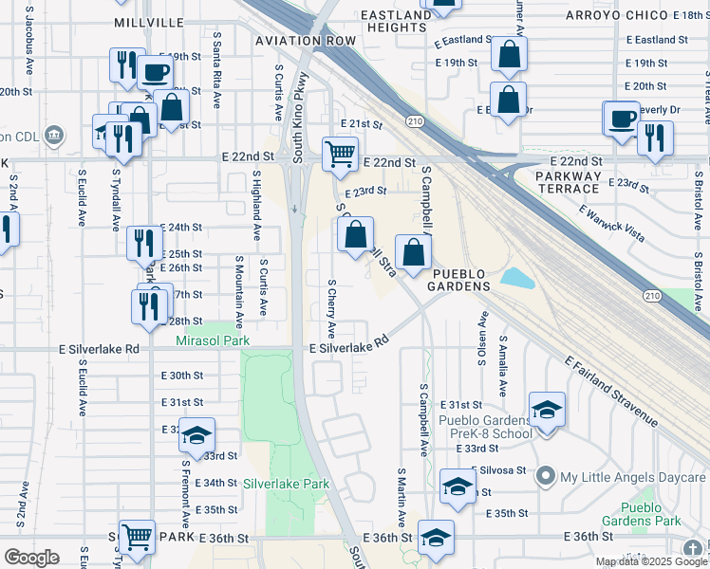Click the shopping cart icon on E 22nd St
339,153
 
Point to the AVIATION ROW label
306,41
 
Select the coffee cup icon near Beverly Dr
623,119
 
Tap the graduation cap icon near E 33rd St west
196,435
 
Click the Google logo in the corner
31,558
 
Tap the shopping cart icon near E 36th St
138,537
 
